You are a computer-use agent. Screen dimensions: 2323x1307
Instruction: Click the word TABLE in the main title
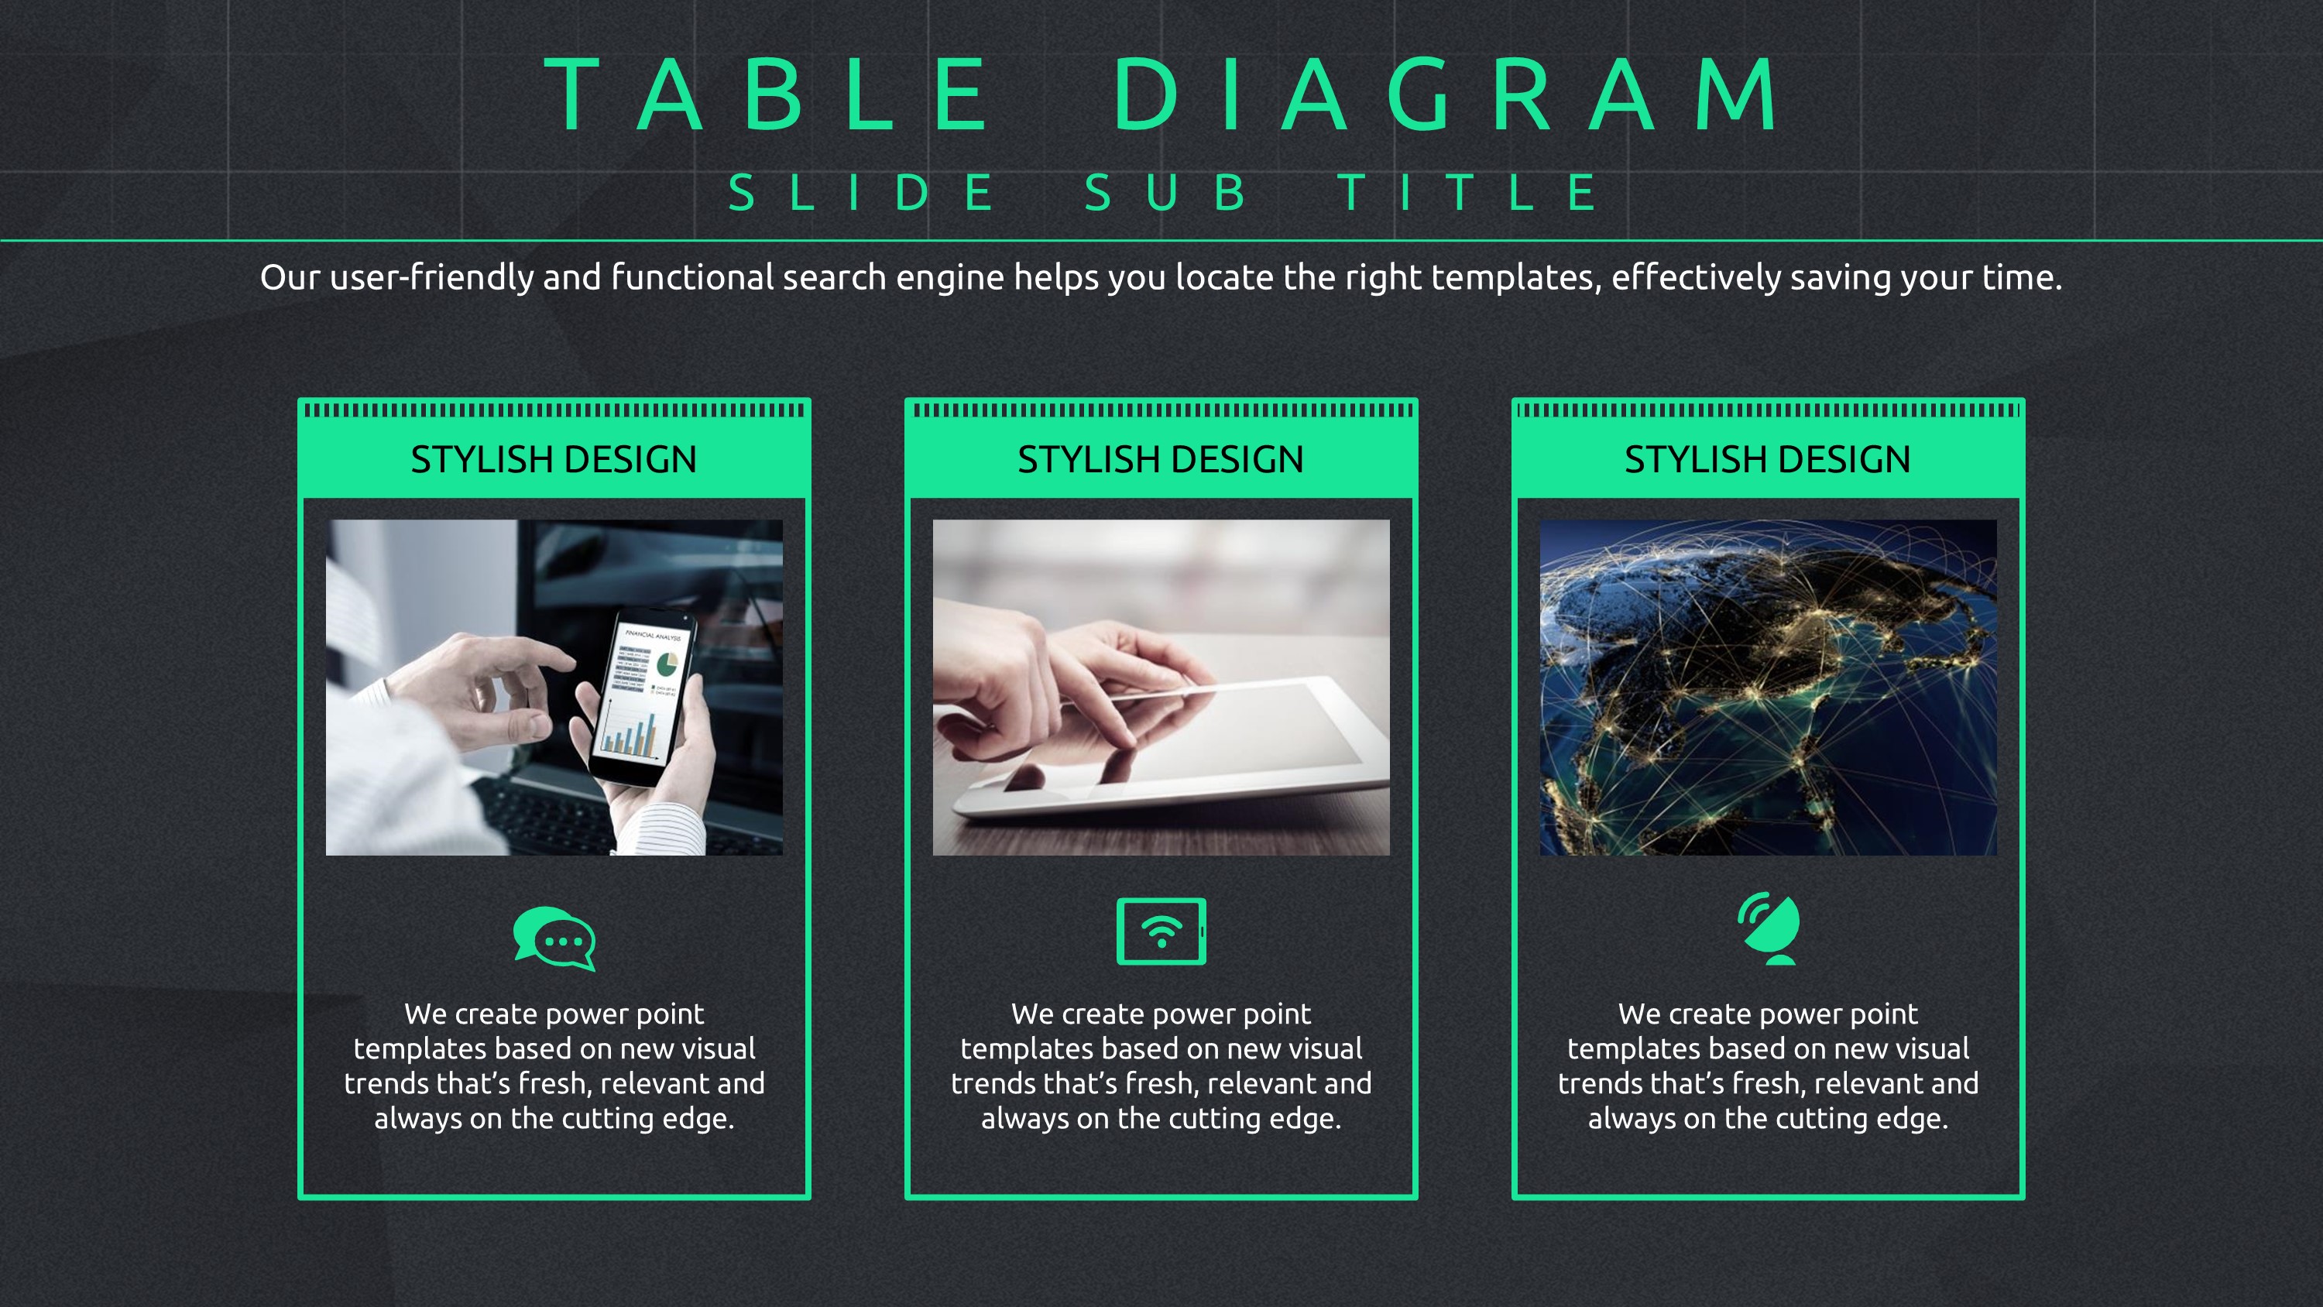[x=766, y=94]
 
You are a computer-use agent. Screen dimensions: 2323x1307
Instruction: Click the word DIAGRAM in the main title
[x=1445, y=94]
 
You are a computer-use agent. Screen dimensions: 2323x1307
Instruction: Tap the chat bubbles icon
[x=554, y=938]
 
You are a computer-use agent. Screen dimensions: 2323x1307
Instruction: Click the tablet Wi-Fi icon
[x=1161, y=931]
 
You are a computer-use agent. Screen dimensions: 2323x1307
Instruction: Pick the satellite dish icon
[x=1769, y=928]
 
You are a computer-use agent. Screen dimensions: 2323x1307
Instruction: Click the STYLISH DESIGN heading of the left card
[x=554, y=459]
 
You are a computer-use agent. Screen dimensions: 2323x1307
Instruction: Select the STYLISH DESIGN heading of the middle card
[x=1161, y=459]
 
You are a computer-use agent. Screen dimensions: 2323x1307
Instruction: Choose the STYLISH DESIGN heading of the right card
[x=1768, y=459]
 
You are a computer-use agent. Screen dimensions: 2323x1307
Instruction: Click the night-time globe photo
[x=1769, y=688]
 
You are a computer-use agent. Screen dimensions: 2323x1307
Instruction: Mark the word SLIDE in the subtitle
[x=861, y=192]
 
